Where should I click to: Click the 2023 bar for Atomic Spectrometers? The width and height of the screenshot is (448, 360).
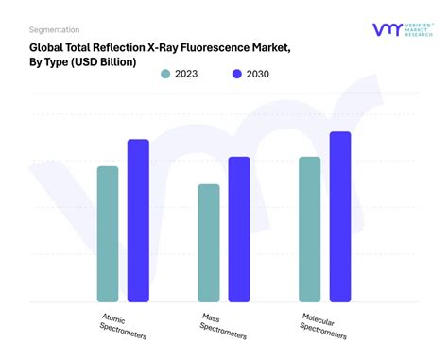[108, 234]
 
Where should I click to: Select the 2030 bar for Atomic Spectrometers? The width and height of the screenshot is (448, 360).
[138, 221]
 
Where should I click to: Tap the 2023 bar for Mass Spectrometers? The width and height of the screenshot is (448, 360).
[208, 243]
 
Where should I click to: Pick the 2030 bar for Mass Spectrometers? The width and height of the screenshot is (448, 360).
[239, 230]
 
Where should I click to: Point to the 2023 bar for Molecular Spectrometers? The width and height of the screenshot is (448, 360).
[309, 230]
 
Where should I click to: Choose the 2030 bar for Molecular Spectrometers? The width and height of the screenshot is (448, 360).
[339, 217]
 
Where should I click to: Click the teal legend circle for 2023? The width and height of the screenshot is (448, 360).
[166, 75]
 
